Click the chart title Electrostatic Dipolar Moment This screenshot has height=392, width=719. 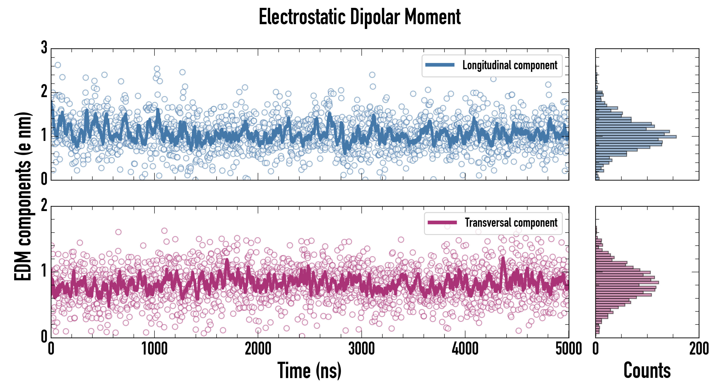359,17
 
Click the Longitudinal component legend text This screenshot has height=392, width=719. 510,65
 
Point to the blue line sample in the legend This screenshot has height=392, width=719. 440,65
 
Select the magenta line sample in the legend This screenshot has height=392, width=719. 442,222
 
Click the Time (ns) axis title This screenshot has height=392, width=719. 309,370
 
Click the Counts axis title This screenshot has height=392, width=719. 647,370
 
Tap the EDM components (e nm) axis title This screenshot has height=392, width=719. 23,196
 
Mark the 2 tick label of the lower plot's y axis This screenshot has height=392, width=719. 44,206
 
